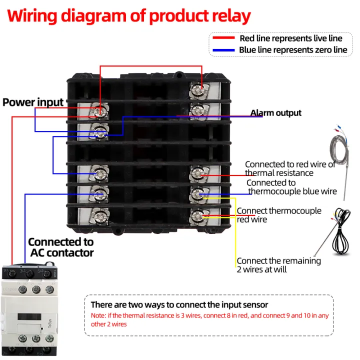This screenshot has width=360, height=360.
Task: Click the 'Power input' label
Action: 33,102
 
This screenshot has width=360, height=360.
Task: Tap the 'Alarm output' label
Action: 275,113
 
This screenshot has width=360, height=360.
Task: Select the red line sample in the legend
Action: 223,38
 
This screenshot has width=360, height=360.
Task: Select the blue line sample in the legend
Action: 223,50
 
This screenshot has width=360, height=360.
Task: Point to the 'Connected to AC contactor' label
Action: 60,247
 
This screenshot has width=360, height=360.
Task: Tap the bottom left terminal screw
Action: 100,215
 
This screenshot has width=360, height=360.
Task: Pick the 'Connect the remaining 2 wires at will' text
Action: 278,265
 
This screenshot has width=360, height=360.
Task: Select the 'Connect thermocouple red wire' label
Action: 278,215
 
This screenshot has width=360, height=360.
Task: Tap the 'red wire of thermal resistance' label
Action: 289,168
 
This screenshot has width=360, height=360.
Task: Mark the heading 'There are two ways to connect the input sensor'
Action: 179,304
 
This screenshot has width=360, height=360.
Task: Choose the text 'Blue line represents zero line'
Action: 293,50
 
